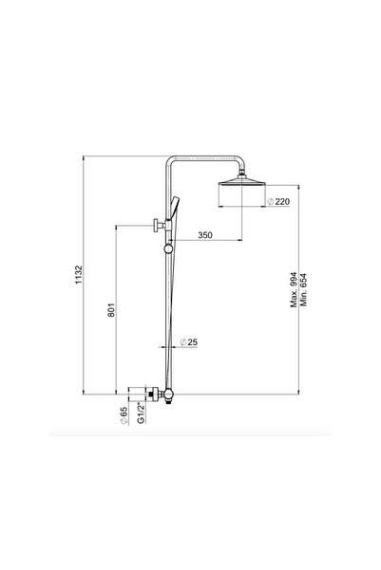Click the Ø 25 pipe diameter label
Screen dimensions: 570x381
click(193, 342)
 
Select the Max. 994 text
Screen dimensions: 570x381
click(294, 285)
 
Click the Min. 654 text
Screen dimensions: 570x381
click(305, 285)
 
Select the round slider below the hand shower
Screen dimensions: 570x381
click(169, 248)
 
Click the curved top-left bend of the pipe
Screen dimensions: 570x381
click(172, 163)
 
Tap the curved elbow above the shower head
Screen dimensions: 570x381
click(240, 163)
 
